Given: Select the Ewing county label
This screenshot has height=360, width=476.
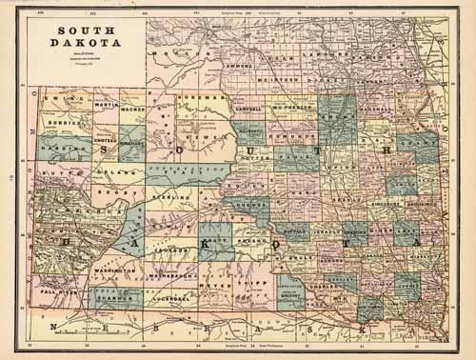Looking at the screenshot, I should click(x=61, y=97).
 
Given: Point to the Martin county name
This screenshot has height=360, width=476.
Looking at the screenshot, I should click(x=105, y=104).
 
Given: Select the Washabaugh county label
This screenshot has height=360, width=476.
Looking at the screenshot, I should click(x=173, y=275).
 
